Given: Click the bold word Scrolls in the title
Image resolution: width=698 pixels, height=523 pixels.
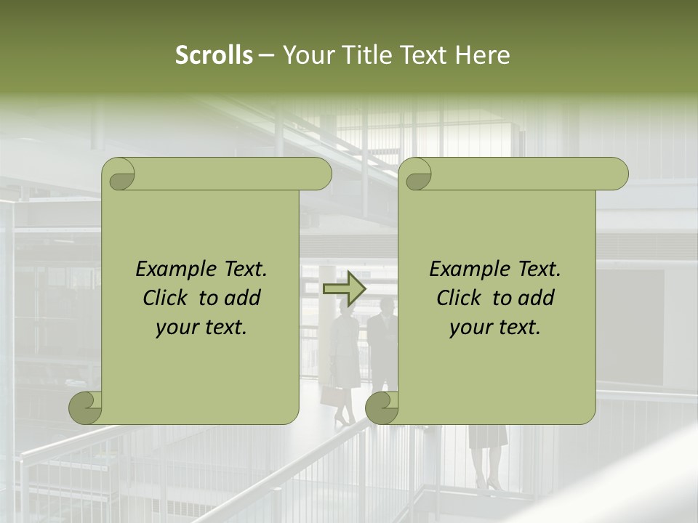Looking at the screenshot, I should coord(214,55).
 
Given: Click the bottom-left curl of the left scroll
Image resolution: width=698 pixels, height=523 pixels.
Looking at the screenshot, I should coord(86,408).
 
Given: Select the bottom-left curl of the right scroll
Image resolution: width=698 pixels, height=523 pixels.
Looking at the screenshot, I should coord(382,408).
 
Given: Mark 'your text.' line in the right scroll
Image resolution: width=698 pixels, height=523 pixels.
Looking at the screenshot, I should coord(495,328).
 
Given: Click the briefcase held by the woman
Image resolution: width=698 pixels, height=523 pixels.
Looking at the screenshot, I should coord(332,397).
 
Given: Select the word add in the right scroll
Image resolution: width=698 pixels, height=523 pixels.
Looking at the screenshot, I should coord(537,298).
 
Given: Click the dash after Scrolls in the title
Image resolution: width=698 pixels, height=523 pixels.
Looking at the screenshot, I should coord(266,55).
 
